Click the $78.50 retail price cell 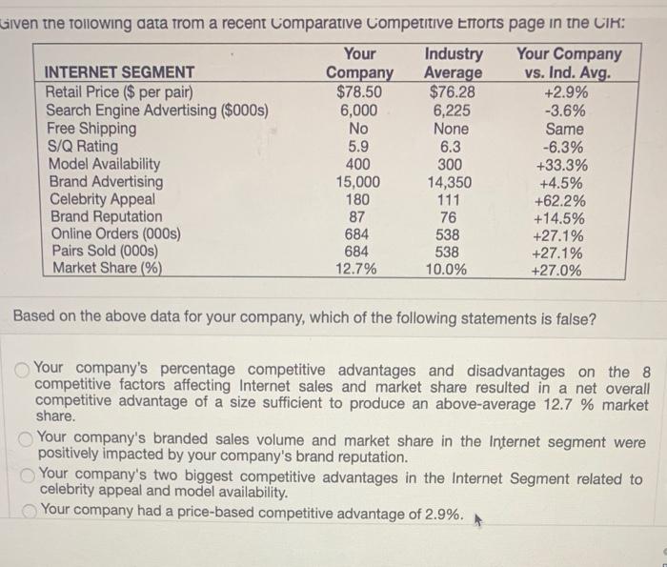359,92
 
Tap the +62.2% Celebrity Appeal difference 563,199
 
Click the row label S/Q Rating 83,146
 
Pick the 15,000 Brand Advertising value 359,182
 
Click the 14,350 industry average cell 451,182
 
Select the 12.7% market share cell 359,270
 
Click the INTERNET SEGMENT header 121,72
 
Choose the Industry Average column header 453,63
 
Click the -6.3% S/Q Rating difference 563,146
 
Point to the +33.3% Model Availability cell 563,164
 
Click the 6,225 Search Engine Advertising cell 451,111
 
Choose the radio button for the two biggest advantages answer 29,476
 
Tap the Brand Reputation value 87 359,217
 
